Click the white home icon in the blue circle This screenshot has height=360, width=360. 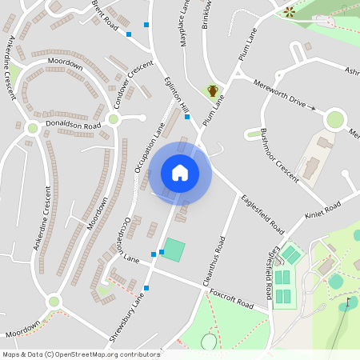point(180,173)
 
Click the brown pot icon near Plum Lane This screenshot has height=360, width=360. point(213,90)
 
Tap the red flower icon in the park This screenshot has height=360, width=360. point(289,11)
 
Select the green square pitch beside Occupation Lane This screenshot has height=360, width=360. point(174,250)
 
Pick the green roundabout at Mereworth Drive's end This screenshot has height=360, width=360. point(335,120)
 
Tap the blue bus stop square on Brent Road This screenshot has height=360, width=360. point(146,25)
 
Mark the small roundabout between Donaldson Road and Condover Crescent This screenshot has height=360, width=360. point(113,119)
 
